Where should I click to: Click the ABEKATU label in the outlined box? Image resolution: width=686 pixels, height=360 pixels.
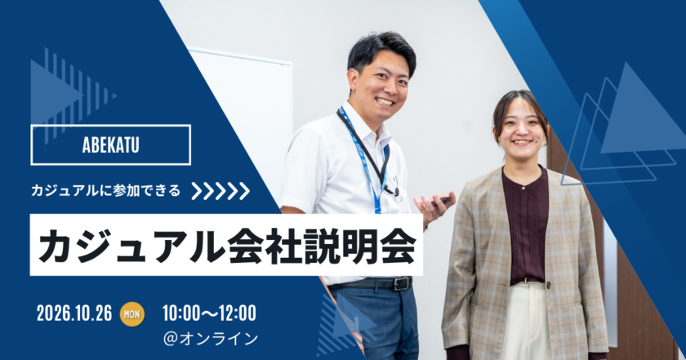click(x=111, y=145)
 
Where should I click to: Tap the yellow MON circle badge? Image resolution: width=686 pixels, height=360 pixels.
click(x=132, y=313)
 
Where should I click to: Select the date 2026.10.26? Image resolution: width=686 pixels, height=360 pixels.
click(x=74, y=313)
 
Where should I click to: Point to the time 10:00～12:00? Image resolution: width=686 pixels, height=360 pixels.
click(x=209, y=313)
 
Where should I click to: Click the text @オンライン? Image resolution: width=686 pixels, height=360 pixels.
click(x=211, y=339)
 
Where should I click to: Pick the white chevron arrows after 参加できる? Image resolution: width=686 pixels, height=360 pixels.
click(x=220, y=191)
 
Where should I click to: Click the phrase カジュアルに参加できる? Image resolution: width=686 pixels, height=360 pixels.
click(x=105, y=191)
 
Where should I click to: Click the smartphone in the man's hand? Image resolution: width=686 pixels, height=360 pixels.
click(x=439, y=200)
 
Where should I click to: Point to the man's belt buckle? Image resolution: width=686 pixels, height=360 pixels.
click(x=402, y=283)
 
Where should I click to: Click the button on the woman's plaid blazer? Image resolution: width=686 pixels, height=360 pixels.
click(x=548, y=286)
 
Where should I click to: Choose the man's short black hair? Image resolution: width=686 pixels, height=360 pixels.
click(x=380, y=51)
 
